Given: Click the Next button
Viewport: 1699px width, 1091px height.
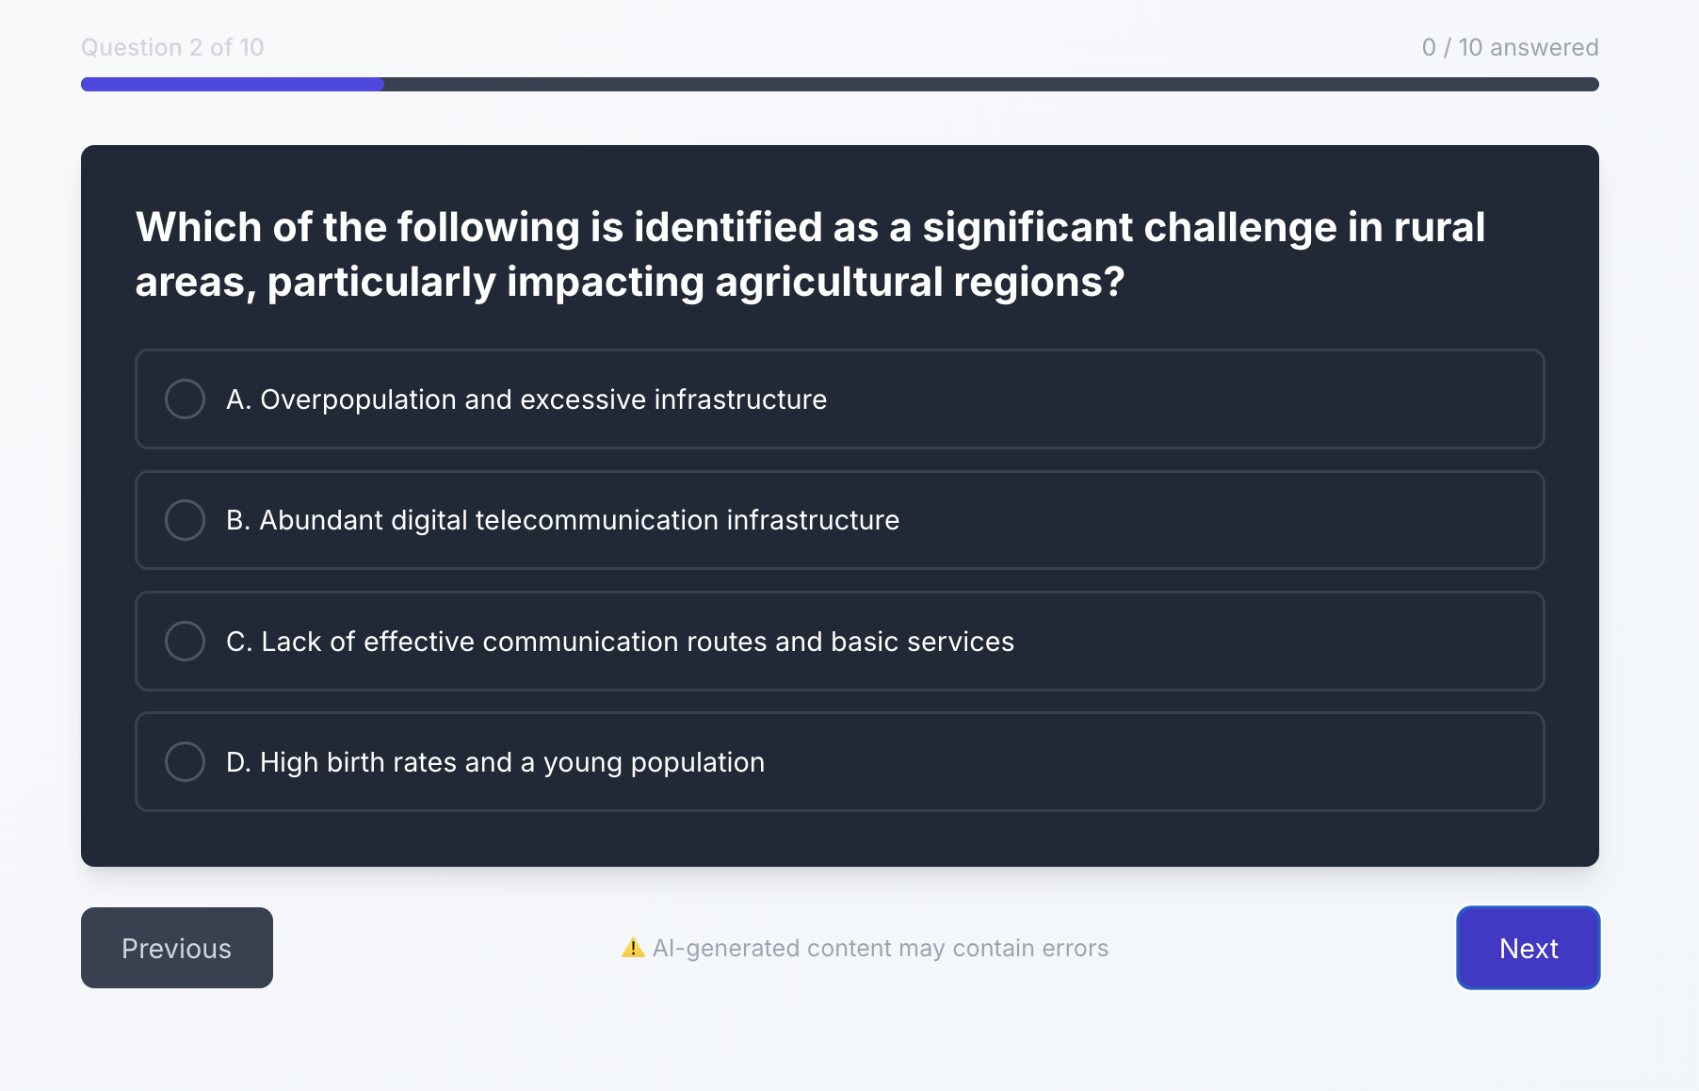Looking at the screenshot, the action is tap(1528, 948).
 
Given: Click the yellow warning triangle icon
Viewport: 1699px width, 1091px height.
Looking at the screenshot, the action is tap(633, 948).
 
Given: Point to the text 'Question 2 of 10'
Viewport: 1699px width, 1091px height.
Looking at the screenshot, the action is tap(172, 47).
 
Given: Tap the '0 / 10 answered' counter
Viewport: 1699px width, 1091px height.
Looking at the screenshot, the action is tap(1511, 47).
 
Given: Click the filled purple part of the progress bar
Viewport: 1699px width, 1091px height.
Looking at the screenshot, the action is tap(233, 84).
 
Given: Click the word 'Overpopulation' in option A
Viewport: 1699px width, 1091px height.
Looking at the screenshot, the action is tap(358, 399).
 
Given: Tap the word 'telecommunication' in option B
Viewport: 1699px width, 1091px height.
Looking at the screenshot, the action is tap(597, 520).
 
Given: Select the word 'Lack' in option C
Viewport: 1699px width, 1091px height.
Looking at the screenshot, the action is tap(291, 642).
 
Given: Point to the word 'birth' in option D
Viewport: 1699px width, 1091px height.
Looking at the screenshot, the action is tap(355, 762).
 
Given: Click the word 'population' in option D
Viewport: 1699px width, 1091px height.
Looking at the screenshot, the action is tap(697, 763).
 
